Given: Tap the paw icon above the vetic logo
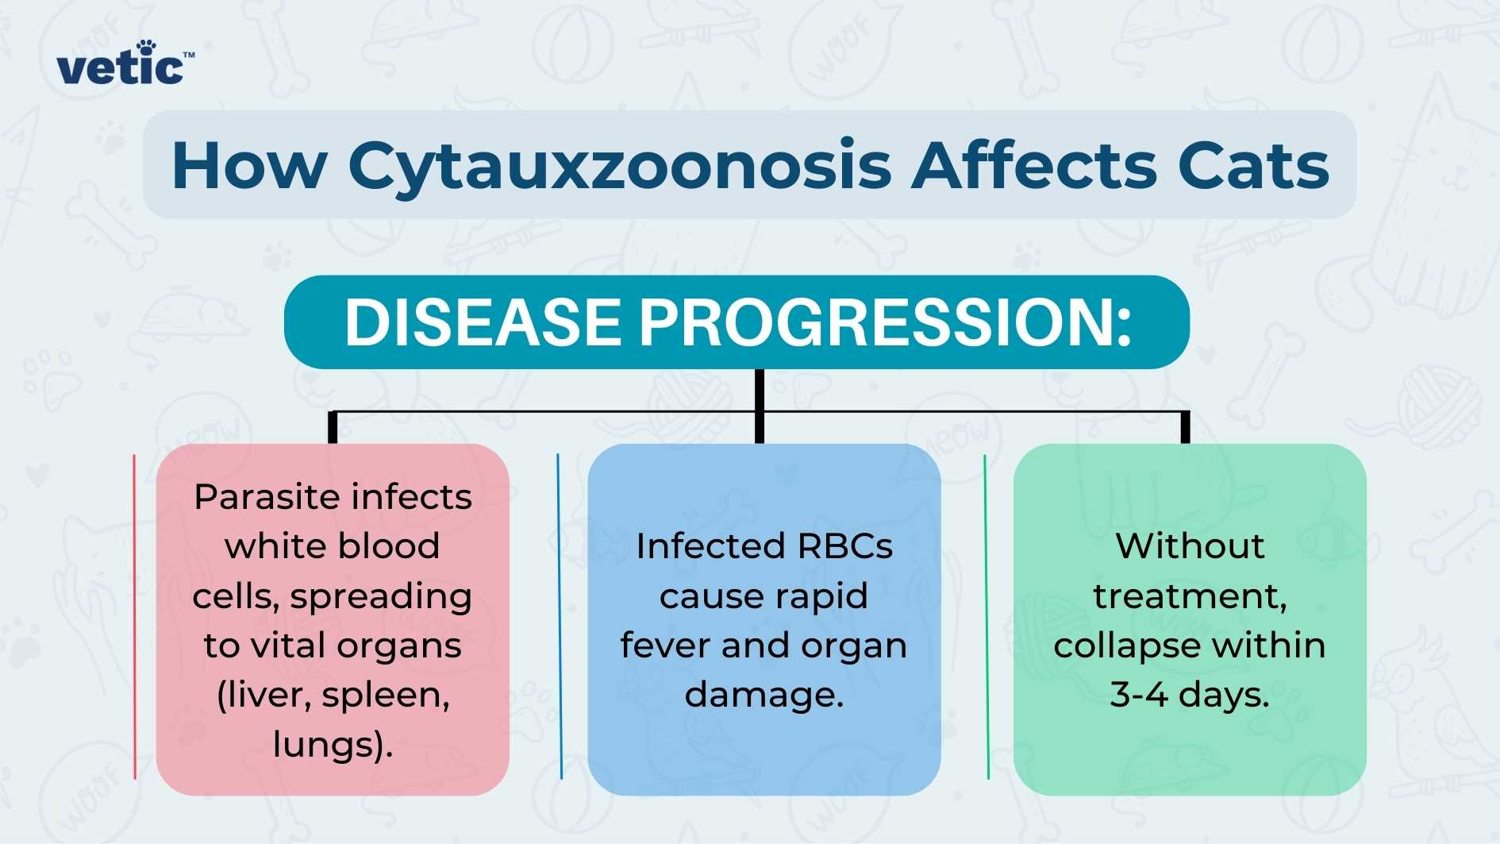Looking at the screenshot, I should pos(146,47).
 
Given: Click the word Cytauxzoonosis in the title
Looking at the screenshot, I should pos(619,167).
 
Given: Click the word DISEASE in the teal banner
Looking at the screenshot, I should pos(483,322).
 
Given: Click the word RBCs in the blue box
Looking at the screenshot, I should pos(844,546).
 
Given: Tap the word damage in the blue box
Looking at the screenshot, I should pos(758,695).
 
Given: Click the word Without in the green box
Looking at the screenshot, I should pos(1189,546).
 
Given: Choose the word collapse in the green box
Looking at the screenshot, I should pos(1127,646).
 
